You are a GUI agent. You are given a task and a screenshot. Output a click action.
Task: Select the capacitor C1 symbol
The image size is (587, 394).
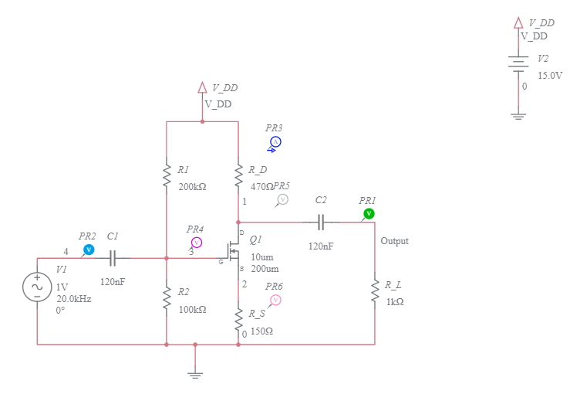click(113, 258)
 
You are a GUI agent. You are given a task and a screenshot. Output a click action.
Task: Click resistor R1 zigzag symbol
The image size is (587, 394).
click(166, 175)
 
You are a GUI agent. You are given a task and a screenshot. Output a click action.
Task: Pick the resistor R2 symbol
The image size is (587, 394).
click(166, 298)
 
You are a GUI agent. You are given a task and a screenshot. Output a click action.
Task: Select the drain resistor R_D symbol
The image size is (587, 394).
click(238, 176)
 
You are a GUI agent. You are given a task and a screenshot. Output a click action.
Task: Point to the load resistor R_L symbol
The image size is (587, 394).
click(375, 291)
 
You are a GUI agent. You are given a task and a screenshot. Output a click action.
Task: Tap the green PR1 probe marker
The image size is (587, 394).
click(369, 213)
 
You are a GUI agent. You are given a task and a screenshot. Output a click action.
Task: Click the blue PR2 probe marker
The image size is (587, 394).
click(89, 249)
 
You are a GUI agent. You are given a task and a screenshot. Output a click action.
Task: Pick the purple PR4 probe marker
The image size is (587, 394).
click(196, 243)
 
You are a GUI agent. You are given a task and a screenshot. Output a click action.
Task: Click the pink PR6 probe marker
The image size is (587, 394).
click(275, 300)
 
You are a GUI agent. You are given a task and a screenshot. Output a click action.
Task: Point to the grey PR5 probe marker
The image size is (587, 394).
click(282, 199)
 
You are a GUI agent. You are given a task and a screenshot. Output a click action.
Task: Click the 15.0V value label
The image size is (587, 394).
click(549, 76)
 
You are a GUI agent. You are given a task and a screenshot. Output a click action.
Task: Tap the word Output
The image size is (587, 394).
click(394, 241)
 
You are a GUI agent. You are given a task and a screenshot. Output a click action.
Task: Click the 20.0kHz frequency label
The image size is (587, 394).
click(73, 298)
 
